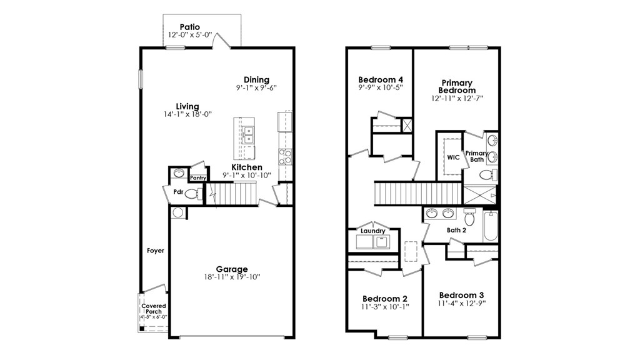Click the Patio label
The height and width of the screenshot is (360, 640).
(190, 27)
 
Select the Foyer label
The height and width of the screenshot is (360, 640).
(156, 251)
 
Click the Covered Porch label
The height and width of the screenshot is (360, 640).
(154, 309)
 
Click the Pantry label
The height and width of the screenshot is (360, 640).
(198, 178)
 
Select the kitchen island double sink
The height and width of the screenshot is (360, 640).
(248, 134)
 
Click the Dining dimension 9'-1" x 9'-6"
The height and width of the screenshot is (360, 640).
(256, 88)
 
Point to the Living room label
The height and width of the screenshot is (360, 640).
(187, 106)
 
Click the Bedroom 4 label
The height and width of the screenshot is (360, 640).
(381, 80)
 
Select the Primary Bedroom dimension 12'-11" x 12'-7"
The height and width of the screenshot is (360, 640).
(457, 98)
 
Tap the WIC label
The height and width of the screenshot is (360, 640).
(453, 157)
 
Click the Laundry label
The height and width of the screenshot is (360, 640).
(372, 231)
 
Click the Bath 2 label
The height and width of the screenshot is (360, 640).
(456, 230)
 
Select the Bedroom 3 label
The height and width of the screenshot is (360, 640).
(461, 295)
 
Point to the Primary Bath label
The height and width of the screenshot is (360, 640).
(476, 156)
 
